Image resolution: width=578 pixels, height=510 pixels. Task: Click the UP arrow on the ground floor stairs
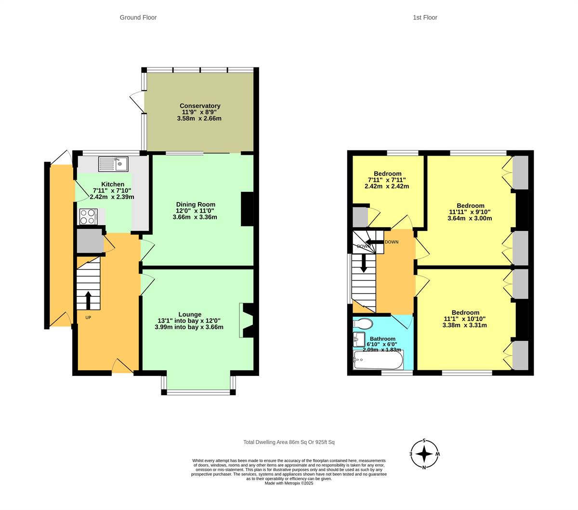(88, 300)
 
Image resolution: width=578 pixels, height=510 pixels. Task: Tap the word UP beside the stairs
(88, 318)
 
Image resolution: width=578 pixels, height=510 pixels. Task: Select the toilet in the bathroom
(363, 323)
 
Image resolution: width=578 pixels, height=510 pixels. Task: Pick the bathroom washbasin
(358, 339)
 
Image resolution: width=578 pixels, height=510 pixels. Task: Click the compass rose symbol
(424, 454)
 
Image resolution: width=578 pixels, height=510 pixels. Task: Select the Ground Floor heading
(138, 17)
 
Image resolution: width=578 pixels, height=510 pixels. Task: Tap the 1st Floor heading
(425, 17)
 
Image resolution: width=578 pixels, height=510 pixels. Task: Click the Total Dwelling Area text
(289, 442)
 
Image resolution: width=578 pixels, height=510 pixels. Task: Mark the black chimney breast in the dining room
(247, 209)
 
